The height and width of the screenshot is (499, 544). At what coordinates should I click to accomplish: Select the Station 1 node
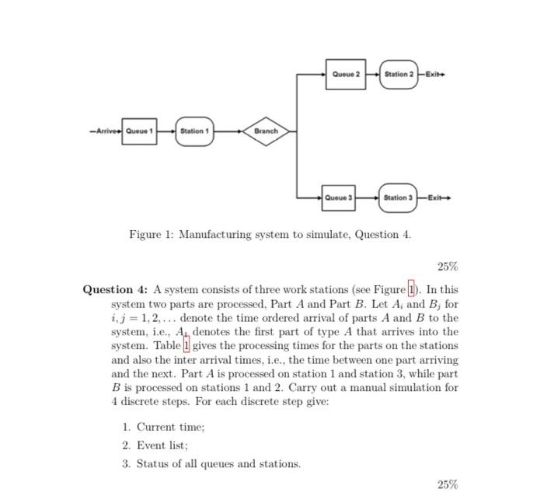[x=194, y=131]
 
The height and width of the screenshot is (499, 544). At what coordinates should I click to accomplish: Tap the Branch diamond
[x=266, y=131]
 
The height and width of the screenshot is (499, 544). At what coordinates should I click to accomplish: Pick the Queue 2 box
[x=345, y=75]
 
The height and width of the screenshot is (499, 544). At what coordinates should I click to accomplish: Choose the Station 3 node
[x=398, y=197]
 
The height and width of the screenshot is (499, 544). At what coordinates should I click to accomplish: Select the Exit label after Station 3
[x=437, y=197]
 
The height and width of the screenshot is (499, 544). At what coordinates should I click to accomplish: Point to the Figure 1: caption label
[x=152, y=234]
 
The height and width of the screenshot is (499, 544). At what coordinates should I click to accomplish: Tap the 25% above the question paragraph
[x=448, y=267]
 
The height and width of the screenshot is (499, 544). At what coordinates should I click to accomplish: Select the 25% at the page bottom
[x=448, y=485]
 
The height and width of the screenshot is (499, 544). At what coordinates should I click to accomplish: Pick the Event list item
[x=159, y=445]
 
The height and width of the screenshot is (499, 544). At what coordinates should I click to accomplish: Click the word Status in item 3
[x=152, y=464]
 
